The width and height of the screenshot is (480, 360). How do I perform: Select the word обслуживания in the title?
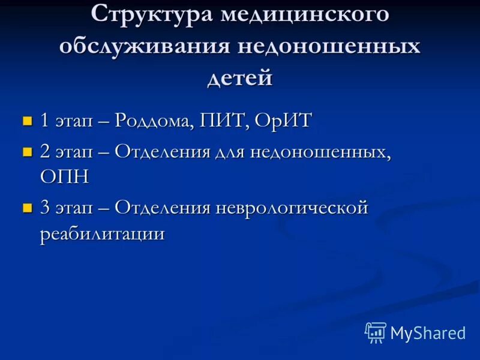[140, 47]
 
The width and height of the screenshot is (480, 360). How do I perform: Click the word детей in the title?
[240, 79]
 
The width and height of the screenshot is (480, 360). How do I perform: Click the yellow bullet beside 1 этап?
[26, 121]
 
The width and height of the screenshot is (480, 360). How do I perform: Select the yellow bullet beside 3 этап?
[26, 208]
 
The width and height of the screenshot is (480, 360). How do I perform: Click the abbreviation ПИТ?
[227, 121]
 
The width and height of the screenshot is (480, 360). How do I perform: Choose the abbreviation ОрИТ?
[283, 121]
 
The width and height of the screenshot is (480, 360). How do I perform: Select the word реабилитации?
[102, 234]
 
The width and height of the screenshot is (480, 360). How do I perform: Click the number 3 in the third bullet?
[46, 209]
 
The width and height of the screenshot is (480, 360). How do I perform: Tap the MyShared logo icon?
[375, 332]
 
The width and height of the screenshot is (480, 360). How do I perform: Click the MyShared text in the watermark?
[428, 332]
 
